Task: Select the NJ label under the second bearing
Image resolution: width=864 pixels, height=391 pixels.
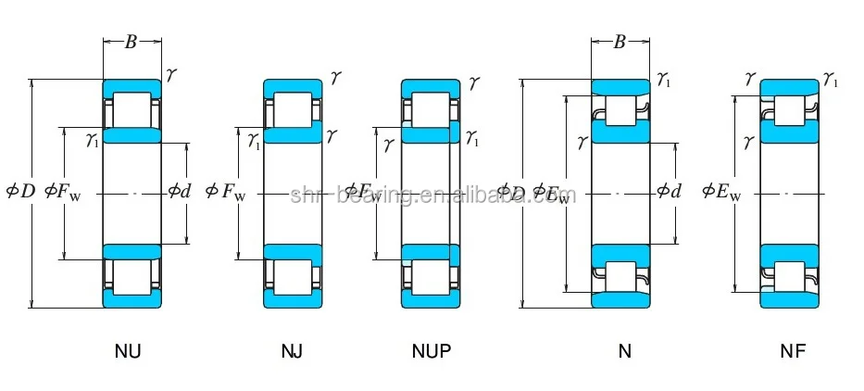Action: pos(292,351)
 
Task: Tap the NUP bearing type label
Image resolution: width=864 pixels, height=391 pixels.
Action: pos(431,351)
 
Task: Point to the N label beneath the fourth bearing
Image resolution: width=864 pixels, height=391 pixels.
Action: pos(624,351)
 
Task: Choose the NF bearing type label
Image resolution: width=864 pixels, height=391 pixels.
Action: pos(792,351)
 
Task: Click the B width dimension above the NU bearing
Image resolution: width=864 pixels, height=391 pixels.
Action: pos(131,41)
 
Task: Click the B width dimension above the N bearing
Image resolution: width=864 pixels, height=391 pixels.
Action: pos(620,41)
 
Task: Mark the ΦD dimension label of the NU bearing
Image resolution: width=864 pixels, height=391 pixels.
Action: pos(20,193)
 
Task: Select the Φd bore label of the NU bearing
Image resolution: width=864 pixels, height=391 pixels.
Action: pos(179,193)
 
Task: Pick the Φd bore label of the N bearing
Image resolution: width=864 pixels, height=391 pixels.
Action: pos(669,193)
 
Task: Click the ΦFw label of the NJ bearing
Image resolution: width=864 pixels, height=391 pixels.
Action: pos(226,193)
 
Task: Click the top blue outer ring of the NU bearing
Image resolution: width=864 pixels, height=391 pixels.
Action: pos(131,86)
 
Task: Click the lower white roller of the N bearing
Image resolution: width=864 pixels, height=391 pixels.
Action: pos(620,275)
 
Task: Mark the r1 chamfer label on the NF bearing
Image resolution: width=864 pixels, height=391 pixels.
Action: pos(830,82)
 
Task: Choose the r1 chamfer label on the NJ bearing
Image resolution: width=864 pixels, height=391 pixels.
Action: pos(254,141)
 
